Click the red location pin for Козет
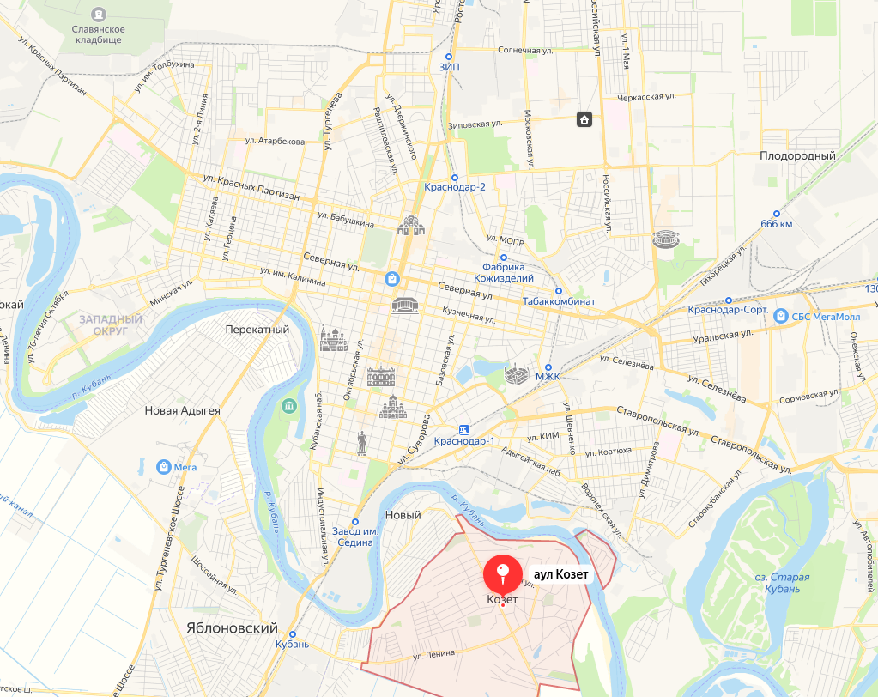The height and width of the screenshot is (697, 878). pos(503,573)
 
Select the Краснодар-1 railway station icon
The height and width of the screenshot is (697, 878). pos(464,428)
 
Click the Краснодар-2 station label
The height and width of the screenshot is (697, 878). pos(455,187)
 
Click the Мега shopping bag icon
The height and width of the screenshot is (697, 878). pos(162,466)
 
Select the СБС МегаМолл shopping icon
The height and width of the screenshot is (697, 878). pos(780,316)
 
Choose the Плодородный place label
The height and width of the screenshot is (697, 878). pos(797,156)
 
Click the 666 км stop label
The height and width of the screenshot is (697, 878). pos(776,224)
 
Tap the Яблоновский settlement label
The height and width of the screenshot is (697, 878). pos(232,627)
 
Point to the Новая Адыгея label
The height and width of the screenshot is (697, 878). pos(182,410)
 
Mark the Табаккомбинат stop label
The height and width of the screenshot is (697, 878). pos(559,301)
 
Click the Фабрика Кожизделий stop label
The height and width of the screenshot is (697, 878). pos(504,272)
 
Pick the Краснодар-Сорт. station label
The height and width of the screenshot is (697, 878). pos(728,310)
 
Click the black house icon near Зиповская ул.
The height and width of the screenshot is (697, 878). pos(584,119)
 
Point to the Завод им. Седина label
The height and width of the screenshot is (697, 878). pos(355,536)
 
